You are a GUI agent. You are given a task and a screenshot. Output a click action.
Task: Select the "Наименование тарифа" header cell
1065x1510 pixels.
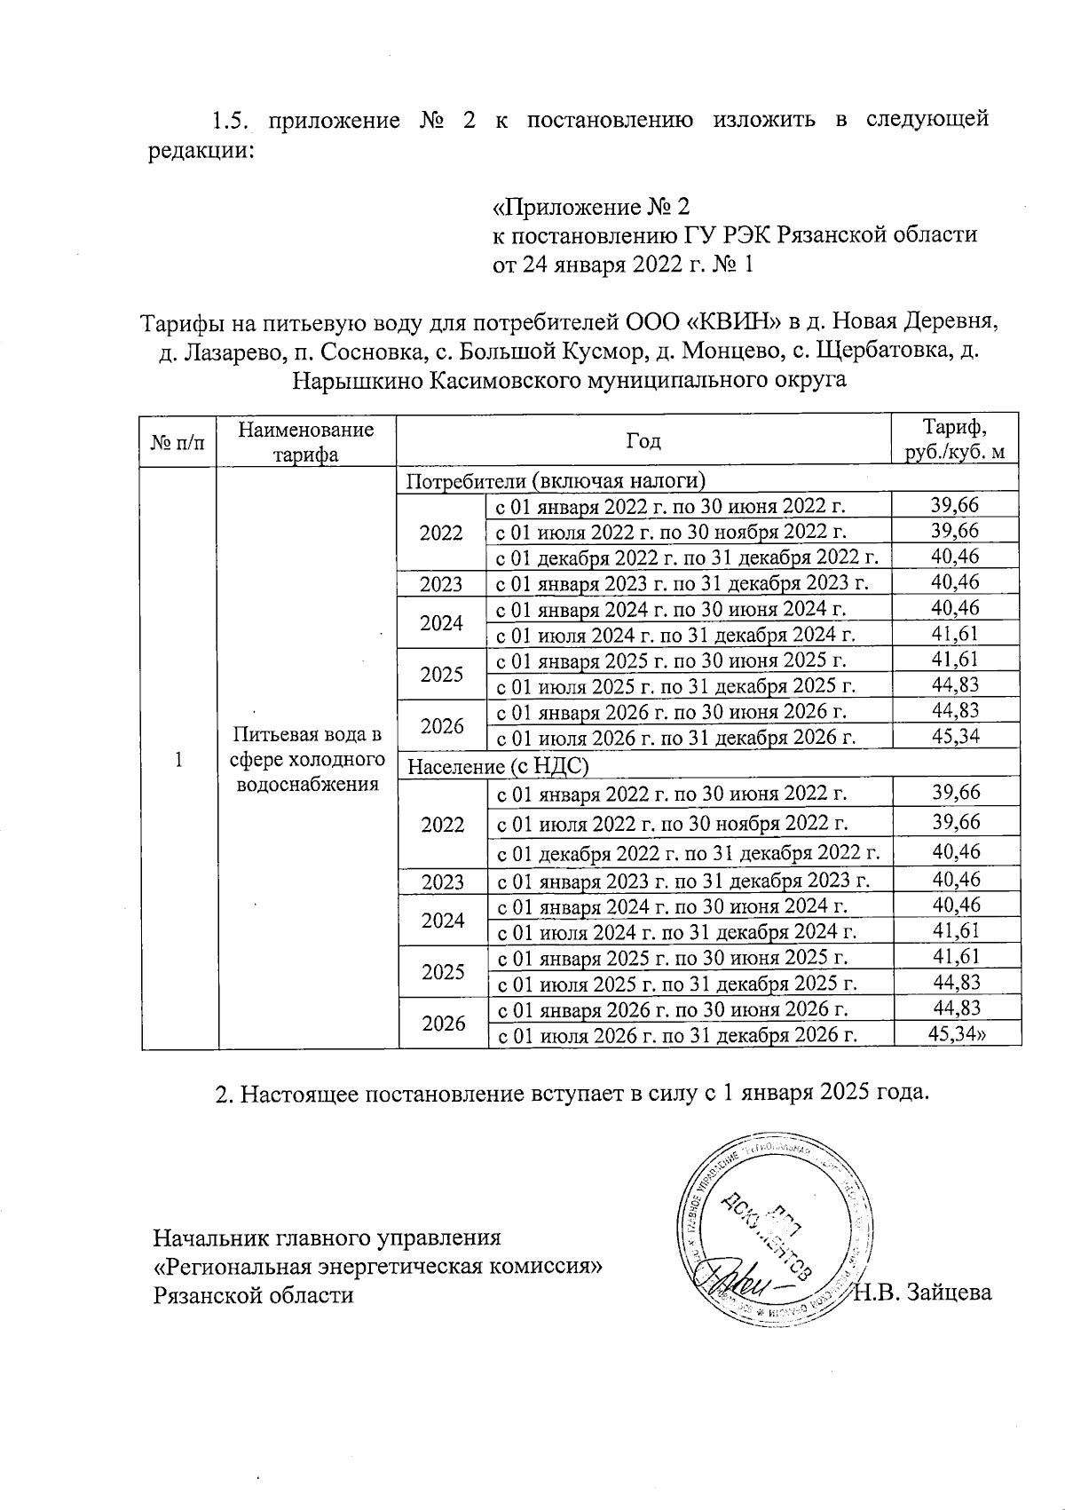click(x=306, y=441)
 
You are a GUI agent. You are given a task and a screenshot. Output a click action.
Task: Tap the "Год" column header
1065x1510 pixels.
click(x=643, y=441)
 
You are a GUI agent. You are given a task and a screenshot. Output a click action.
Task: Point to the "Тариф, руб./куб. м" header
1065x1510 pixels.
click(x=954, y=439)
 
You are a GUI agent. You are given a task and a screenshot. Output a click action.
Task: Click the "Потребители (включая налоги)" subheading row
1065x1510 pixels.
click(x=556, y=480)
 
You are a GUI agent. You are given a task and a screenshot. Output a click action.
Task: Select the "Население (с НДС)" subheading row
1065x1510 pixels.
click(x=498, y=764)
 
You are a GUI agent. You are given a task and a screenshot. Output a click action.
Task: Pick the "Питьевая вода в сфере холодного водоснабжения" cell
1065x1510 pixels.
click(x=306, y=759)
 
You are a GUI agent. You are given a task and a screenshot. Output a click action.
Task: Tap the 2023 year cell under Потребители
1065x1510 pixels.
click(x=441, y=583)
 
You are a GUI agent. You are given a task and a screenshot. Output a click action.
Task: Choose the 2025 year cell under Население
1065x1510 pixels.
click(x=443, y=971)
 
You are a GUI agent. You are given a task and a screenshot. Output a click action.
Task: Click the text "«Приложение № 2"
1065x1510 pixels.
click(x=590, y=208)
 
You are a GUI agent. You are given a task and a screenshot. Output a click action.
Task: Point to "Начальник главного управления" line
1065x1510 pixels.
click(x=327, y=1237)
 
